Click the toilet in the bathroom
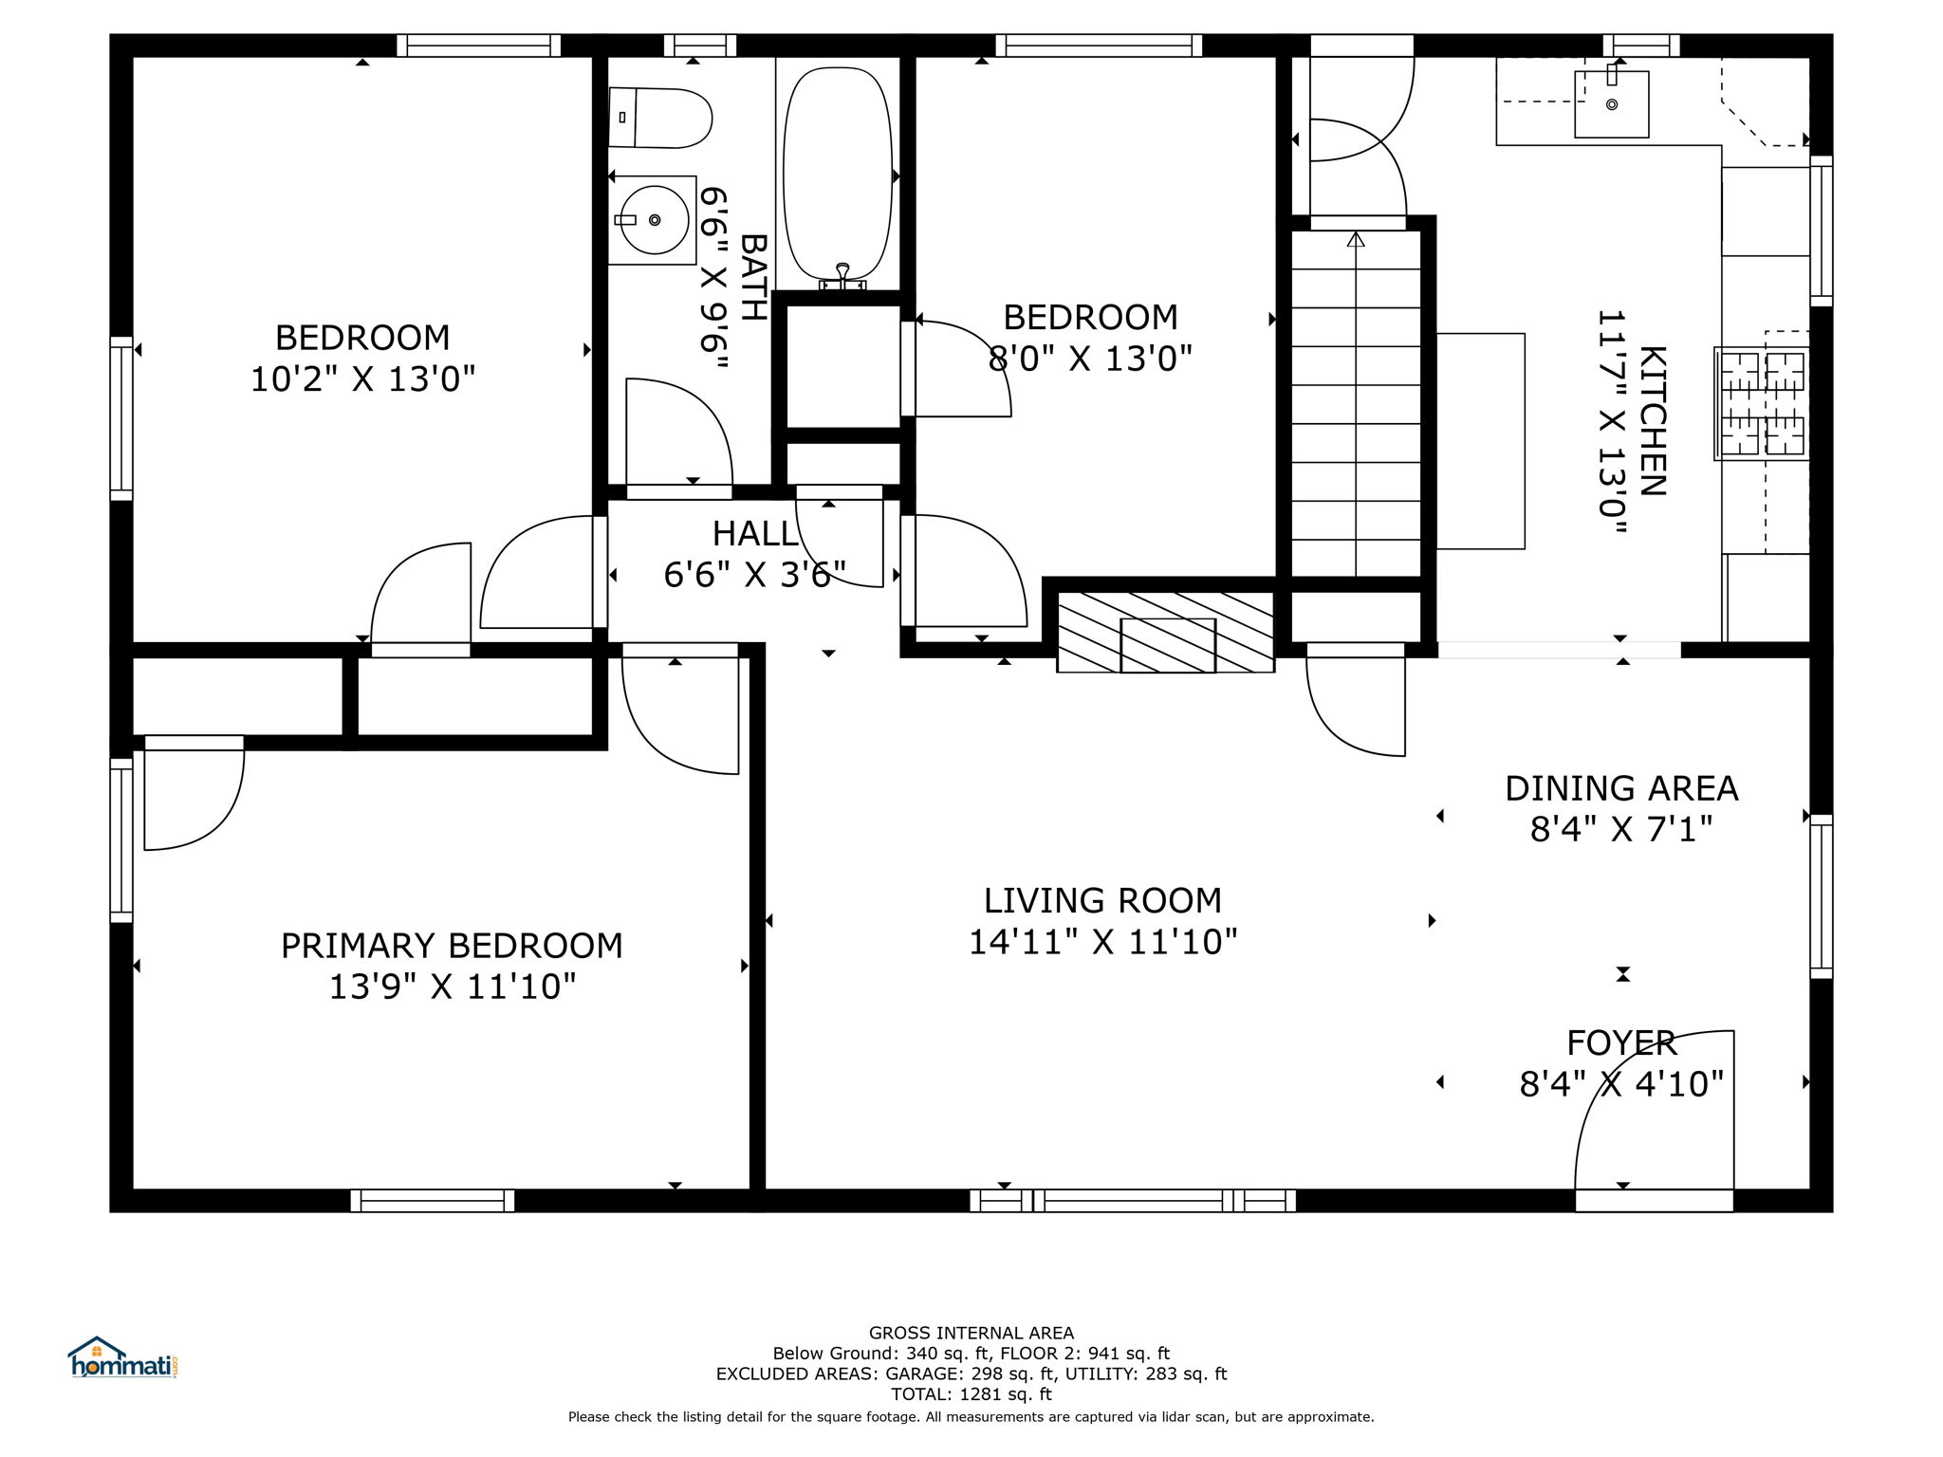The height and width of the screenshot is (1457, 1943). pyautogui.click(x=659, y=118)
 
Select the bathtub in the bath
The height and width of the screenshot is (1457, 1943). pyautogui.click(x=838, y=175)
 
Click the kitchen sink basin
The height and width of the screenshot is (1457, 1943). pyautogui.click(x=1611, y=104)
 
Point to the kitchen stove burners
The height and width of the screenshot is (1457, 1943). pyautogui.click(x=1763, y=403)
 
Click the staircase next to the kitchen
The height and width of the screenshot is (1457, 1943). pyautogui.click(x=1356, y=403)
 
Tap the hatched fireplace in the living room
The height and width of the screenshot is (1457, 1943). pyautogui.click(x=1165, y=632)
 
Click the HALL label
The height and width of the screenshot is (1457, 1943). pyautogui.click(x=755, y=534)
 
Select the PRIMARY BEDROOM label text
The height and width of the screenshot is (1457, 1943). pyautogui.click(x=452, y=946)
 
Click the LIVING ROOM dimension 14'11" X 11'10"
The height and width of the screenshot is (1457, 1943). pyautogui.click(x=1102, y=942)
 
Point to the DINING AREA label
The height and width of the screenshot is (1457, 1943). pyautogui.click(x=1621, y=788)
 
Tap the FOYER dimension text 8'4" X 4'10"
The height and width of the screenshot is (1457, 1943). pyautogui.click(x=1621, y=1083)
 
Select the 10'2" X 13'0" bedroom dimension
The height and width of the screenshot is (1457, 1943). pyautogui.click(x=362, y=379)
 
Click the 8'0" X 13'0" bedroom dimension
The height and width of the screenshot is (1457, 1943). pyautogui.click(x=1090, y=359)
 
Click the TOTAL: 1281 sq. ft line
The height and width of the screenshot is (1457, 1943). pyautogui.click(x=971, y=1394)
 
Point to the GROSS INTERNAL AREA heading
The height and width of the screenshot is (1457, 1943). pyautogui.click(x=971, y=1333)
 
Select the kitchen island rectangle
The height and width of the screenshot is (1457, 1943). pyautogui.click(x=1481, y=441)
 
